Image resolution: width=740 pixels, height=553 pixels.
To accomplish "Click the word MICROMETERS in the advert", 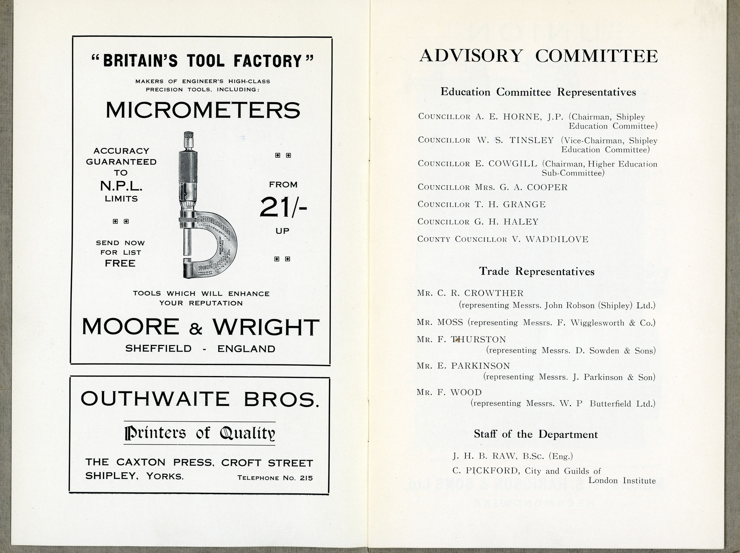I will click(203, 110).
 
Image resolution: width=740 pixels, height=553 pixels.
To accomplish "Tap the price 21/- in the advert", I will click(283, 207).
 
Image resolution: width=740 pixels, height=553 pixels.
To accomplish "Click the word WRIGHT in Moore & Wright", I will click(266, 327).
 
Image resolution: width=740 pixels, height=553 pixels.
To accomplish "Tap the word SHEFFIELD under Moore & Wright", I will click(158, 349).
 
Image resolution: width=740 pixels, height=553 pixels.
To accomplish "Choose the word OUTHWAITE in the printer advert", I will click(150, 399).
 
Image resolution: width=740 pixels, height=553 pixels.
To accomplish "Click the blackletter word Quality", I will click(247, 433).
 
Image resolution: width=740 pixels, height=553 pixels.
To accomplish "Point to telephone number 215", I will click(306, 478).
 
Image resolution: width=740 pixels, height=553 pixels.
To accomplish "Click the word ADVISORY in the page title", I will click(471, 56).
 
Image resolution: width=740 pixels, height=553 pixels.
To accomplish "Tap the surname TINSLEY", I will click(531, 140).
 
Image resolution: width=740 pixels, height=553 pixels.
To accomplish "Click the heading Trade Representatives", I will click(536, 271).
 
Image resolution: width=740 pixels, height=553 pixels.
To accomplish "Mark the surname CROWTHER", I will click(494, 293).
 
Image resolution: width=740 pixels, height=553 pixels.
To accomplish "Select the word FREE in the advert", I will click(120, 264).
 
